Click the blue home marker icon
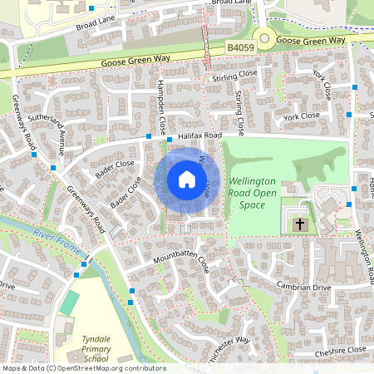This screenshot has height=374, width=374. coord(186,180)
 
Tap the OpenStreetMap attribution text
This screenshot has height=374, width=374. coord(83,368)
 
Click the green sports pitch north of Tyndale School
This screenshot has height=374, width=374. coord(70,303)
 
